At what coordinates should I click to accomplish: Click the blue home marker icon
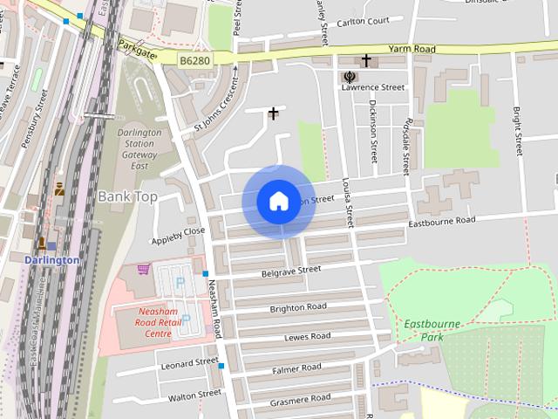[278, 202]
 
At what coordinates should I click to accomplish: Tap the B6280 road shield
[194, 60]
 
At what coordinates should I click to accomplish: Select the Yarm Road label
[412, 50]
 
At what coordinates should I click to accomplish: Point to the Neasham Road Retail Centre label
[146, 321]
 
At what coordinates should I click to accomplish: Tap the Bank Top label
[127, 196]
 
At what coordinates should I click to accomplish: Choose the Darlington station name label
[51, 260]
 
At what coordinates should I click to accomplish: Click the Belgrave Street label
[290, 271]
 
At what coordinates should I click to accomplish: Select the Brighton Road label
[298, 307]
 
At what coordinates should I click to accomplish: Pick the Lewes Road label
[308, 336]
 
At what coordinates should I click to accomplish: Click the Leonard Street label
[189, 361]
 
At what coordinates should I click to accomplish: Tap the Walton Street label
[195, 395]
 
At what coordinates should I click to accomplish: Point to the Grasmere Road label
[300, 398]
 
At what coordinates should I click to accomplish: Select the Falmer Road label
[296, 368]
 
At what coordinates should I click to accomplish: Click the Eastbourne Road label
[442, 222]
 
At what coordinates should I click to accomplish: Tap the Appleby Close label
[178, 231]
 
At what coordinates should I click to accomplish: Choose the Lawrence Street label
[373, 87]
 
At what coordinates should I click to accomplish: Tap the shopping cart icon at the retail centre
[143, 270]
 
